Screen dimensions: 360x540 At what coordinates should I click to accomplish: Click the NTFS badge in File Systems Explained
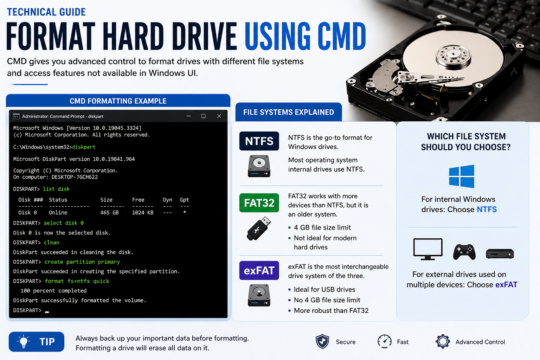pos(259,141)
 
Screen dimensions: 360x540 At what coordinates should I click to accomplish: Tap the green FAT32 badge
pos(259,203)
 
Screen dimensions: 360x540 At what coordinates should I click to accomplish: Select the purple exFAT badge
pos(259,270)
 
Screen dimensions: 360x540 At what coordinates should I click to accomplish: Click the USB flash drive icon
pos(259,228)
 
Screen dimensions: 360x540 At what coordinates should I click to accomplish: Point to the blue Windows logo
pos(462,176)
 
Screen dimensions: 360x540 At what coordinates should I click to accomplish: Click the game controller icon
pos(464,252)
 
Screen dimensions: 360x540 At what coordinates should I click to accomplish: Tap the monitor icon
pos(428,249)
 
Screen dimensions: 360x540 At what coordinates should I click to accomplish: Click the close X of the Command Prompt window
pos(219,116)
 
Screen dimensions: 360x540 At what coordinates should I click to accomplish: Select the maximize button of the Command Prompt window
pos(203,116)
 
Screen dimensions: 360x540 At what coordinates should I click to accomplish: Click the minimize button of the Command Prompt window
pos(189,116)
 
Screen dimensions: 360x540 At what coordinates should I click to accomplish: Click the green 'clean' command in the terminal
pos(52,243)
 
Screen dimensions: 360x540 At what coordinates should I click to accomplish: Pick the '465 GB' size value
pos(109,213)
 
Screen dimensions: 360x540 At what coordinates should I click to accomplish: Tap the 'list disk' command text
pos(56,189)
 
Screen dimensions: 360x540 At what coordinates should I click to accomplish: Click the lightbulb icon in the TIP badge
pos(24,342)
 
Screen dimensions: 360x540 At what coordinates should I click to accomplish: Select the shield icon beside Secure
pos(322,341)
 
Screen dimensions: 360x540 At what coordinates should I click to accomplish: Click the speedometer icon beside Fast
pos(385,341)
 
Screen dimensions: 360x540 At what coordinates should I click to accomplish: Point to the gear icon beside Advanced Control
pos(443,341)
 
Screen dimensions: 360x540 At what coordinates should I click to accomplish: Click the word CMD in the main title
pos(341,37)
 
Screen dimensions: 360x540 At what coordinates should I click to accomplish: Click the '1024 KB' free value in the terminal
pos(143,213)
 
